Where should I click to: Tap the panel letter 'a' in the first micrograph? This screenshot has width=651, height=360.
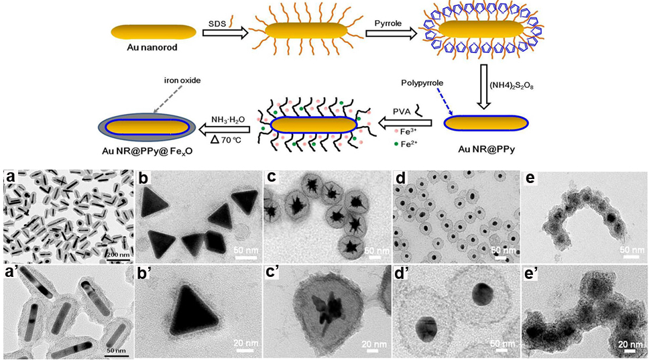11,178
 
